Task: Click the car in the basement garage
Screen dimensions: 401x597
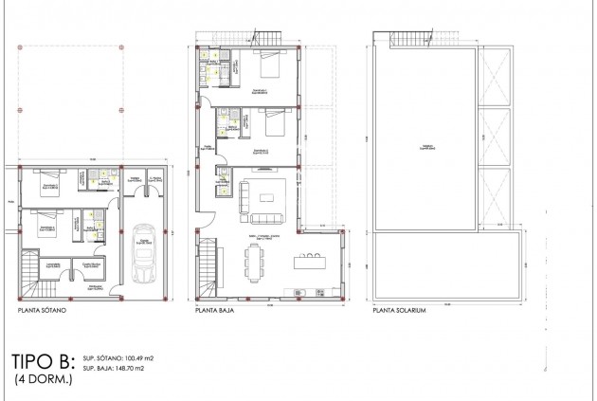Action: click(x=144, y=253)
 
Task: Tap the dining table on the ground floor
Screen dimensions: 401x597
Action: click(x=255, y=262)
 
